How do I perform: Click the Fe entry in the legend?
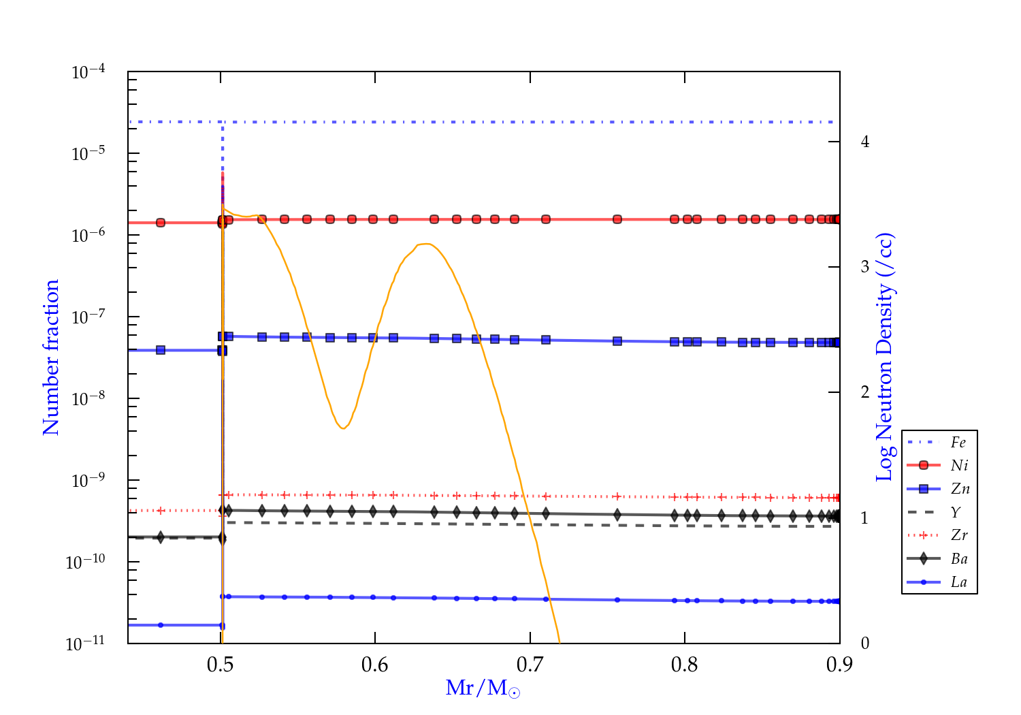[958, 443]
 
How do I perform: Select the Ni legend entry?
[959, 466]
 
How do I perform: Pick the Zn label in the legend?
[960, 489]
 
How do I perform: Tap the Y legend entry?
[956, 512]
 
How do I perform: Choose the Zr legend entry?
[958, 535]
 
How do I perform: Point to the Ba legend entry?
[959, 559]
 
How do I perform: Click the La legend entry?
[958, 582]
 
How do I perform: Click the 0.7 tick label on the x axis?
[530, 665]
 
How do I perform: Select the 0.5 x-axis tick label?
[221, 665]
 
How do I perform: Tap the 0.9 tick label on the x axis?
[839, 665]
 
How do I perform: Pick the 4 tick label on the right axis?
[865, 142]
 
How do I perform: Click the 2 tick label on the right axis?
[865, 392]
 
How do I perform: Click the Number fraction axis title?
[51, 357]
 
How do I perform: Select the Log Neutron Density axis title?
[885, 357]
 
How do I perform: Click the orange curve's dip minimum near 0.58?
[343, 428]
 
